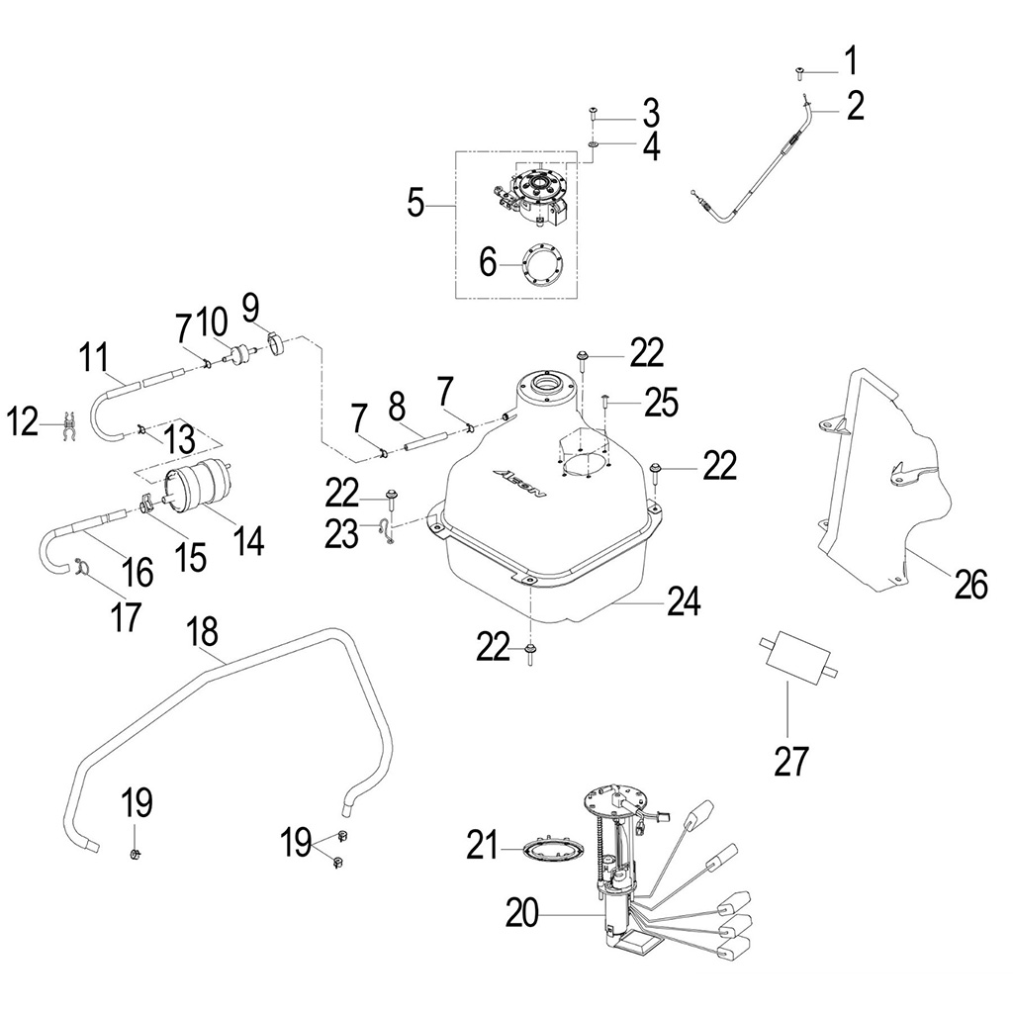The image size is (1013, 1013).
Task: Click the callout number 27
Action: (x=792, y=761)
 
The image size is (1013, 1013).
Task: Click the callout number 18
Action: (x=209, y=630)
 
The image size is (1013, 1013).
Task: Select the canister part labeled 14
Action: (x=196, y=492)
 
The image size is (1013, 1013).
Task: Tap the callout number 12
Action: (x=26, y=422)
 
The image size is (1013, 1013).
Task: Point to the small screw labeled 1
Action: (x=799, y=71)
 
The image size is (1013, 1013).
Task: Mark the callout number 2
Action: (x=854, y=105)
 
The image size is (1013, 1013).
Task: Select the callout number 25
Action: (x=660, y=402)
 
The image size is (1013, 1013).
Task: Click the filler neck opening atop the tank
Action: (x=546, y=383)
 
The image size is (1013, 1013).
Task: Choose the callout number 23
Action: (x=343, y=534)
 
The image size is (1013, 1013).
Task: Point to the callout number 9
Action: (x=248, y=302)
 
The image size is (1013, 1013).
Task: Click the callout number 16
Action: (x=137, y=571)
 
